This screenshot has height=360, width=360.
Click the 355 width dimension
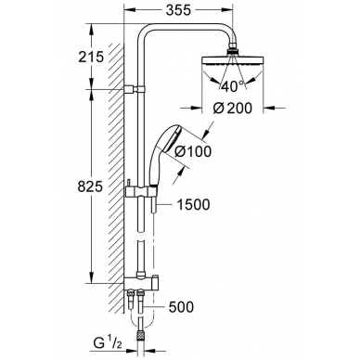click(178, 10)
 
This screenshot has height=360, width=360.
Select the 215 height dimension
click(91, 57)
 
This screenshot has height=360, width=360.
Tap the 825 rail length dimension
click(90, 186)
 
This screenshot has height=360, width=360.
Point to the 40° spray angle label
click(232, 86)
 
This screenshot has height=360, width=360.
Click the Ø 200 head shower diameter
click(233, 108)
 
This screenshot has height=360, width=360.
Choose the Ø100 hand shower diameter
click(193, 151)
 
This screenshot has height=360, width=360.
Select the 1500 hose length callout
click(193, 204)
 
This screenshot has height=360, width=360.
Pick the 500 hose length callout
click(181, 307)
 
